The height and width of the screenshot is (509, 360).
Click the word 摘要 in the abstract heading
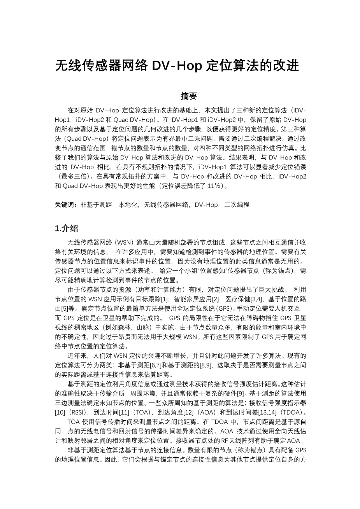[x=189, y=96]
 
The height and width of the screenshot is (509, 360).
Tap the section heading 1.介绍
[x=67, y=228]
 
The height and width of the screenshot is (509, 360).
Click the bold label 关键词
[x=66, y=205]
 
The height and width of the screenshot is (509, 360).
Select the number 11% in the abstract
[x=214, y=186]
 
